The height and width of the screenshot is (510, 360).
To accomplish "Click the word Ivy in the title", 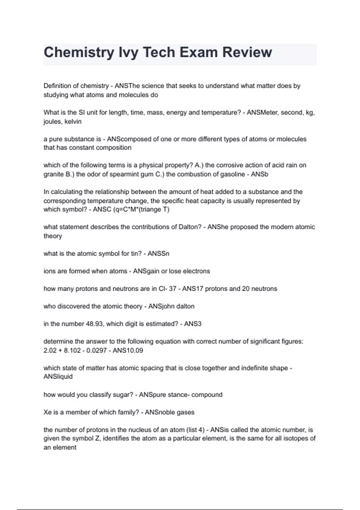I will click(128, 52).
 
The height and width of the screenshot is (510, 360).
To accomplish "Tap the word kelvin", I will click(73, 121).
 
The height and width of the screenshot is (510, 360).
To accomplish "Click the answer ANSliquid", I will click(58, 376).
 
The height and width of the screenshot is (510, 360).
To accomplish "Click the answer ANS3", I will click(193, 324).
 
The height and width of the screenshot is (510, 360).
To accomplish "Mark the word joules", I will click(53, 121).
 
